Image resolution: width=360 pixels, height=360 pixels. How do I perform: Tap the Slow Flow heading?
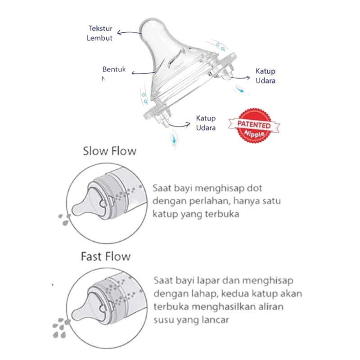click(x=109, y=151)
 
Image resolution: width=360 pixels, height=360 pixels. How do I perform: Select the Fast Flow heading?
click(x=106, y=257)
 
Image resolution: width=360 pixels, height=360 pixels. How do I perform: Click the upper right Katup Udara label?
click(x=265, y=76)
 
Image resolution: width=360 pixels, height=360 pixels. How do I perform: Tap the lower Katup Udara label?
click(x=206, y=123)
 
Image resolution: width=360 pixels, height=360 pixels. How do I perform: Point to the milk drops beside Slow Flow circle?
click(x=64, y=220)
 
